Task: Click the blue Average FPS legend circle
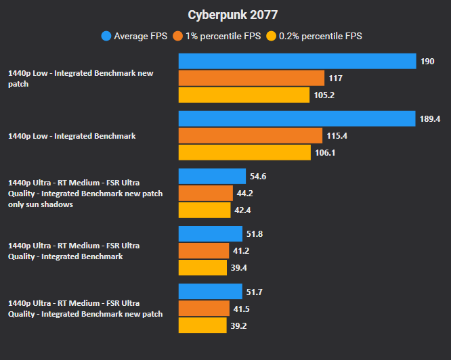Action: [106, 36]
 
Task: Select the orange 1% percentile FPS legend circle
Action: [179, 36]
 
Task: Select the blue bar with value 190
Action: [297, 62]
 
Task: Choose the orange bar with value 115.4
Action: [250, 136]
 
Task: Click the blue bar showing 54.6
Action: [212, 177]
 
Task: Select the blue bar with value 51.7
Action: [210, 292]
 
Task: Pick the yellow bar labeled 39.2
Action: [202, 325]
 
